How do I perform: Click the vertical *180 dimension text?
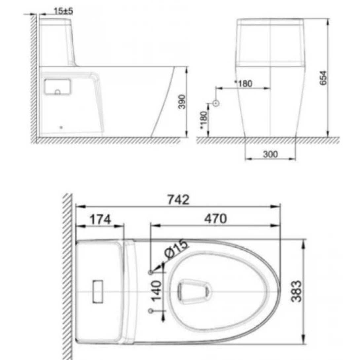[x=203, y=120]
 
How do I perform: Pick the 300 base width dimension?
[x=270, y=154]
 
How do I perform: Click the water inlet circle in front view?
[x=216, y=103]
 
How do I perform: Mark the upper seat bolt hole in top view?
[x=151, y=272]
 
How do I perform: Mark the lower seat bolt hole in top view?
[x=151, y=311]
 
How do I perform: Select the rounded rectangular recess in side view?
[x=57, y=87]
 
